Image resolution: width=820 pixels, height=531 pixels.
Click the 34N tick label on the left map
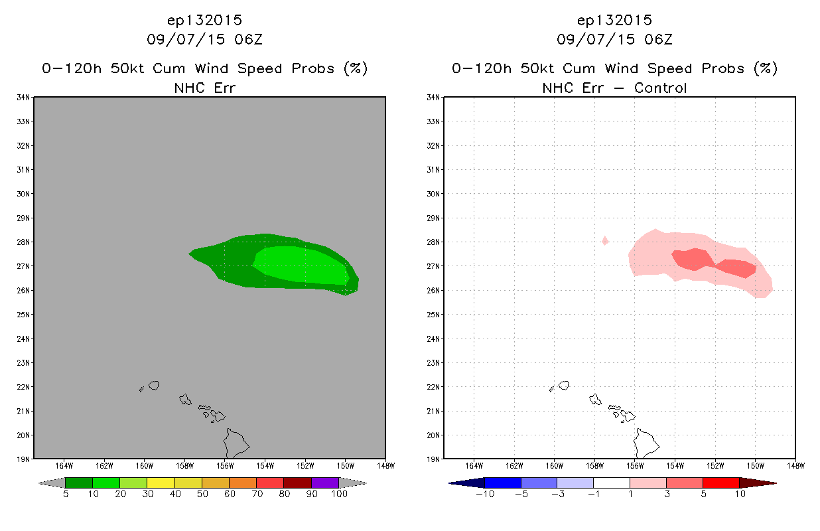(23, 98)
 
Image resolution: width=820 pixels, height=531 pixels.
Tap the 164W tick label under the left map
(64, 466)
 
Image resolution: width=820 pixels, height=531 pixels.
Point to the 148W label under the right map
(796, 466)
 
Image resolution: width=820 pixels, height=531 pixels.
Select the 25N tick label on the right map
(433, 315)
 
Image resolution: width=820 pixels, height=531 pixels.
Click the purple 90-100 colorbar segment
(325, 483)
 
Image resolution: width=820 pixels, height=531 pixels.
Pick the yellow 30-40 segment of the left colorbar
(161, 483)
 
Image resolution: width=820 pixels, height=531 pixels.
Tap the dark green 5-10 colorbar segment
(79, 483)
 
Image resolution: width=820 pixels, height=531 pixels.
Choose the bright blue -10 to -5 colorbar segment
(503, 483)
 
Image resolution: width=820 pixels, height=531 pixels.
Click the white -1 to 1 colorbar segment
(612, 483)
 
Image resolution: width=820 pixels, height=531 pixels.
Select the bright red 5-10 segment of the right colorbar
(721, 483)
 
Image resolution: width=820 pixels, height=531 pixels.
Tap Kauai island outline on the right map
(564, 385)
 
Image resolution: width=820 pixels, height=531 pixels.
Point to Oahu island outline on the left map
(185, 400)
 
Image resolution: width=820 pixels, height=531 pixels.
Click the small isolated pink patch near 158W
(605, 240)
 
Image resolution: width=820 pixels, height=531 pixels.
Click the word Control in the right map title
(660, 88)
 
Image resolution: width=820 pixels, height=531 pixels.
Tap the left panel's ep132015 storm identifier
(204, 21)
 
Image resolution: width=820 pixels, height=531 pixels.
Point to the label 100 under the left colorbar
(339, 494)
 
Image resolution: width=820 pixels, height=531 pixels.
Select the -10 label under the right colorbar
(485, 494)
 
